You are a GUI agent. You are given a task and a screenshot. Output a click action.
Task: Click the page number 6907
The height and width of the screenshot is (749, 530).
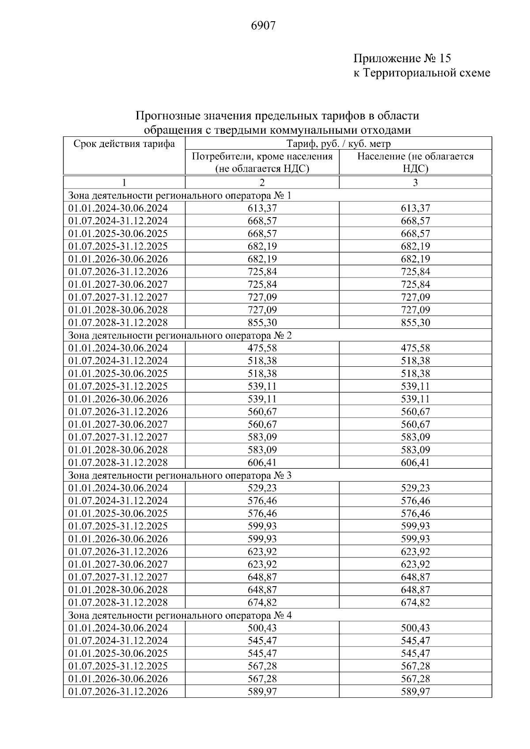pos(263,26)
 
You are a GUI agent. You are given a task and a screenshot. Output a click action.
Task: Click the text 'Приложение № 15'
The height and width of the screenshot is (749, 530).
pos(401,58)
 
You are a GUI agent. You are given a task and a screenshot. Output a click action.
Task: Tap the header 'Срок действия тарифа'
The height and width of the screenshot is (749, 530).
pos(124,144)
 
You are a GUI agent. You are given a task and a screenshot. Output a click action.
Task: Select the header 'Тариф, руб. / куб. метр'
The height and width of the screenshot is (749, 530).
pos(338,144)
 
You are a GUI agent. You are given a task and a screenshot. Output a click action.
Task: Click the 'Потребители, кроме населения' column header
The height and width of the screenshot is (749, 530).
pos(262,157)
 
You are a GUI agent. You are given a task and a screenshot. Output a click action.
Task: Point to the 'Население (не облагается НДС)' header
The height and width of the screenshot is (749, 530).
pos(415,162)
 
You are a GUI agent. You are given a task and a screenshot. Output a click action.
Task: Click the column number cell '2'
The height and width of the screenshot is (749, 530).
pos(262,183)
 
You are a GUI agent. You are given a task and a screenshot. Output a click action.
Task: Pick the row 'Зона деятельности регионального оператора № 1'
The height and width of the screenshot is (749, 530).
pos(180,196)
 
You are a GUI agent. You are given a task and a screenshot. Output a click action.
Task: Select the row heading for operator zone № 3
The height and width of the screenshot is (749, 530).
pos(180,475)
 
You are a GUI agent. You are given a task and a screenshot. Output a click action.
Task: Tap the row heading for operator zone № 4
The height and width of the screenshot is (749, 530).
pos(180,615)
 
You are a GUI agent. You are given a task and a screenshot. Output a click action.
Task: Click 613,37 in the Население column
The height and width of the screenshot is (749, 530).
pos(415,208)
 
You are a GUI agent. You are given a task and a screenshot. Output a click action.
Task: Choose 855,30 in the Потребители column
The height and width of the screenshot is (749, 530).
pos(262,323)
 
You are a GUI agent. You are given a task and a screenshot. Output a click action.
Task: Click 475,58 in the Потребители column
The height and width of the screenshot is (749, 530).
pos(262,348)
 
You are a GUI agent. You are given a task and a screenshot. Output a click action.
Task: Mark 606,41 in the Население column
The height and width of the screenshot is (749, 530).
pos(415,463)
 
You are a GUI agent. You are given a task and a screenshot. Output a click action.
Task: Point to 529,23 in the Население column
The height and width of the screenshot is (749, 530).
pos(415,488)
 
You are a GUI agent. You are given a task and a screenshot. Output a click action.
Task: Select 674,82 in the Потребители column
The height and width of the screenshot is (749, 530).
pos(262,602)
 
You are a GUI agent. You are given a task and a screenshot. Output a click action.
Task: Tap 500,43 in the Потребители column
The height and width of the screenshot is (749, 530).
pos(262,628)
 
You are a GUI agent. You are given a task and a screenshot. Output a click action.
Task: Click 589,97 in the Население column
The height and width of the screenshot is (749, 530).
pos(415,692)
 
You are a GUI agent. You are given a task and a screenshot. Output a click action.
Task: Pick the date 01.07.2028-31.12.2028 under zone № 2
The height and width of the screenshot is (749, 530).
pos(118,463)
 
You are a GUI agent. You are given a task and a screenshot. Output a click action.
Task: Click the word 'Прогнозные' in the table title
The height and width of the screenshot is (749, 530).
pos(167,116)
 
